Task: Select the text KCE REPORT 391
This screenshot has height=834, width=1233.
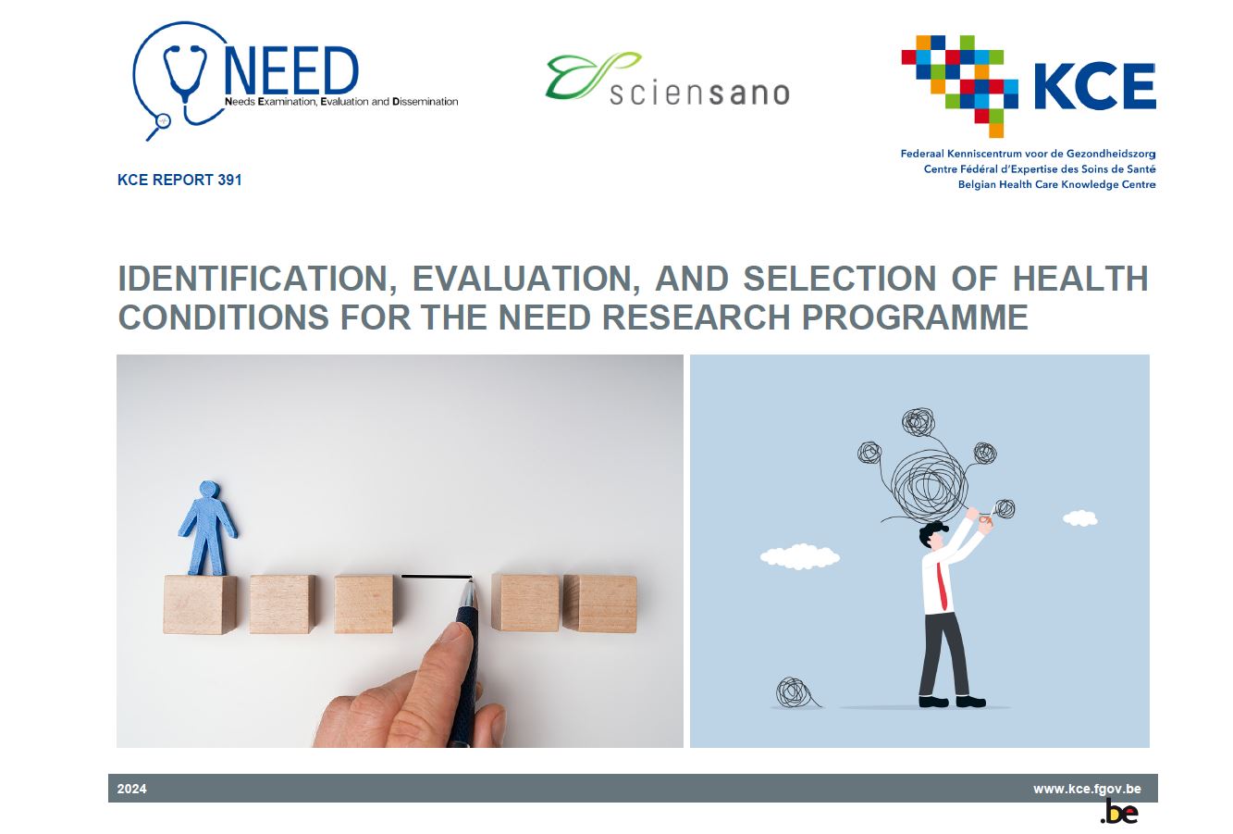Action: point(179,180)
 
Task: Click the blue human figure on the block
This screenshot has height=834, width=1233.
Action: point(208,528)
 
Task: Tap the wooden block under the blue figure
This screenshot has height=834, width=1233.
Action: point(200,604)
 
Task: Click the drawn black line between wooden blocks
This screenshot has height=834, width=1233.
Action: point(436,578)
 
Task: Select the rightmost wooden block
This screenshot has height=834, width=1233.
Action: point(599,604)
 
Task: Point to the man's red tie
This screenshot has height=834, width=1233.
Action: point(942,586)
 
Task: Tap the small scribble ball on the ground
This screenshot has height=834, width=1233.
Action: point(793,692)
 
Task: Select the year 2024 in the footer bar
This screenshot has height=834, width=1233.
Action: point(132,790)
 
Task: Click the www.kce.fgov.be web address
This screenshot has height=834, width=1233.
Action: point(1087,790)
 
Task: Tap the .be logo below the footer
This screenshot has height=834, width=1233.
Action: point(1118,814)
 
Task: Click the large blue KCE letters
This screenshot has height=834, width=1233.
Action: point(1094,87)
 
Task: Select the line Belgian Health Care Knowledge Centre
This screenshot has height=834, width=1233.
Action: point(1056,184)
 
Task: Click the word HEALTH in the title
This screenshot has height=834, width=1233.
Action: point(1079,279)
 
